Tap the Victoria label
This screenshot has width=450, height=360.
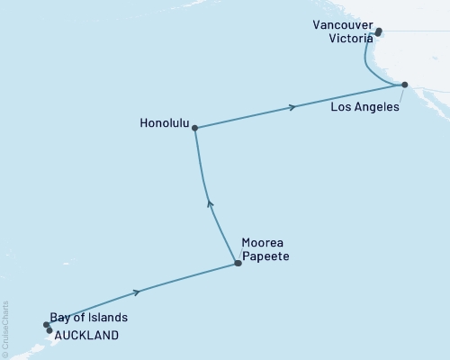click(x=339, y=40)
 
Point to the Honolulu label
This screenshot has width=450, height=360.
click(x=165, y=127)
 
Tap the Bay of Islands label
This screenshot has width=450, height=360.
click(x=90, y=318)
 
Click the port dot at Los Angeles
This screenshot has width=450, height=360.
click(x=404, y=85)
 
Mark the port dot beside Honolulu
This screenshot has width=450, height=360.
click(x=194, y=127)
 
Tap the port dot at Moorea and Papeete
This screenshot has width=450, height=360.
click(x=238, y=264)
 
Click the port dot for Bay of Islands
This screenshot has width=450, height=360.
click(x=46, y=324)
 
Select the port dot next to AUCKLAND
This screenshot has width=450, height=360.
click(x=49, y=330)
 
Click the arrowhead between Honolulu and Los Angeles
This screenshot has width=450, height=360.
click(x=292, y=108)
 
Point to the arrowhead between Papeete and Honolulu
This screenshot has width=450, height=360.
click(x=210, y=203)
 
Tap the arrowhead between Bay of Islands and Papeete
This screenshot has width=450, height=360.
click(x=138, y=292)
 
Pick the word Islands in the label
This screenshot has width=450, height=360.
click(x=108, y=318)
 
